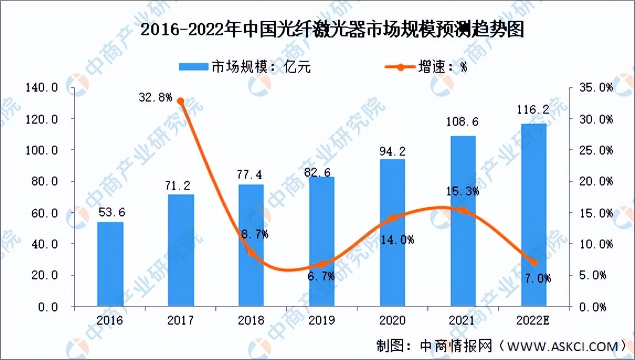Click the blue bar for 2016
[x=110, y=264]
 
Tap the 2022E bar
[x=534, y=215]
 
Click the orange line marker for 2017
[x=181, y=101]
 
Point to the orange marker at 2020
[x=393, y=218]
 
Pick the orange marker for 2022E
[x=534, y=262]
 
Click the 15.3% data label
[x=464, y=192]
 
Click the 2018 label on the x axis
[x=251, y=320]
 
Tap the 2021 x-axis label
[x=463, y=320]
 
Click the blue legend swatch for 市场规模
[x=193, y=67]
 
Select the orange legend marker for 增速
[x=400, y=67]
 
